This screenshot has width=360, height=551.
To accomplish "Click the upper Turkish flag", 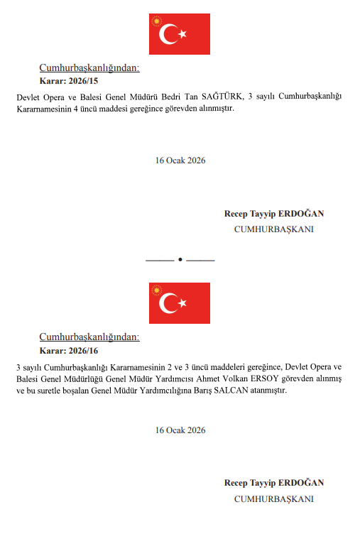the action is coord(179,33).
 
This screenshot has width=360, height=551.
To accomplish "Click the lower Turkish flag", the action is coord(179,303).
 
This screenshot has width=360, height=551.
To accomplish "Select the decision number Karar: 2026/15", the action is coord(69,81).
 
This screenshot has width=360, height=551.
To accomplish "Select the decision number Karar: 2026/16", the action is coord(69,351).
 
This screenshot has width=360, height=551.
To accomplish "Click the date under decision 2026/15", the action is coord(180,160).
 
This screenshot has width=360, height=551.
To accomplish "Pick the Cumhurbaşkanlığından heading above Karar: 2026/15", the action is coord(89,68).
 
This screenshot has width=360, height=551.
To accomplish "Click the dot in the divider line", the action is coord(180,260).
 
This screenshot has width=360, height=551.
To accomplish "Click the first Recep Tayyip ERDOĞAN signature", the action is coord(274,214).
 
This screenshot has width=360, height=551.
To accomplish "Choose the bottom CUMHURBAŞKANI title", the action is coord(274,499).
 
